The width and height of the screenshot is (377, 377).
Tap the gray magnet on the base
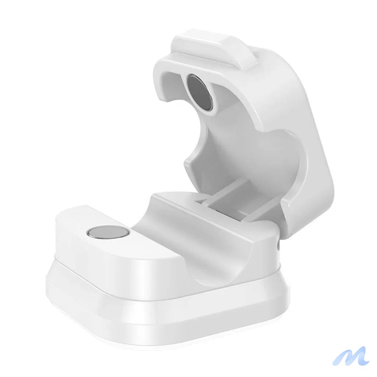click(x=108, y=232)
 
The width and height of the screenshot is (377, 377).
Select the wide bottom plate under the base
click(x=166, y=317)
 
